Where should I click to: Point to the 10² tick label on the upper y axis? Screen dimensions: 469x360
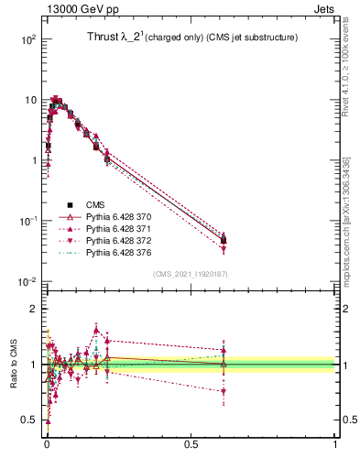click(27, 39)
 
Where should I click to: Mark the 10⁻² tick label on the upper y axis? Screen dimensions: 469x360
click(27, 281)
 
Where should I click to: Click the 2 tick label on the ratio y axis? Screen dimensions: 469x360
click(33, 309)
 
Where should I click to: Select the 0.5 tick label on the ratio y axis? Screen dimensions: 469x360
click(30, 420)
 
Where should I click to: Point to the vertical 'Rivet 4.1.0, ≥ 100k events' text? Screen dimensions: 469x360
click(345, 74)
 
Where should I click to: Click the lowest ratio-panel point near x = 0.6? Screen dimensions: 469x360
click(224, 391)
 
